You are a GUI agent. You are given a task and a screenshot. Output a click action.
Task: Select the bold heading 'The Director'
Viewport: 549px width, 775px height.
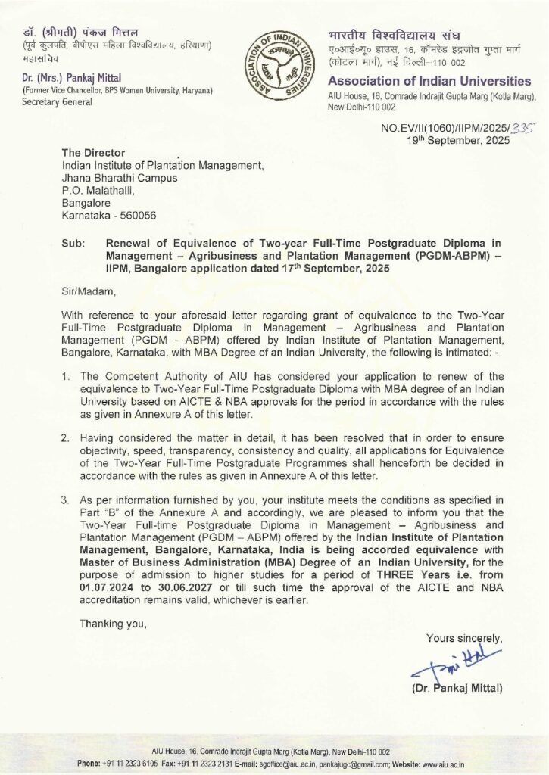click(x=93, y=153)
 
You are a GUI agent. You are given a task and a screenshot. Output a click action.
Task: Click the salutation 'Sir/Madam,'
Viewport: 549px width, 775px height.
click(x=86, y=288)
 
